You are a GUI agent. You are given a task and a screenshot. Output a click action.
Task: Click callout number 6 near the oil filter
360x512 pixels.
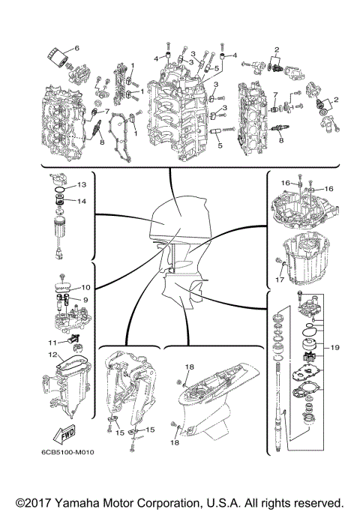pos(76,48)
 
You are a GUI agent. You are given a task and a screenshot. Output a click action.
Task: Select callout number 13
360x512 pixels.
pos(82,184)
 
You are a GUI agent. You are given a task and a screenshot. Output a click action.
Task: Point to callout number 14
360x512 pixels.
pos(82,201)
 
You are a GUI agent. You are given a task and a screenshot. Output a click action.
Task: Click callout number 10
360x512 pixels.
pos(85,287)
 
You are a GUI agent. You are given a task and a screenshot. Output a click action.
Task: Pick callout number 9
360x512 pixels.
pos(85,300)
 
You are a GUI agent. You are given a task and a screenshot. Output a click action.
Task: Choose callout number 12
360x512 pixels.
pos(52,355)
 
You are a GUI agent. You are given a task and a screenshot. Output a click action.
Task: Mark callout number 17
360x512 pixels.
pos(279,281)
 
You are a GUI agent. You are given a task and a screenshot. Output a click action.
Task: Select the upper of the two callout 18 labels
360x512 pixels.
pos(190,366)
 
